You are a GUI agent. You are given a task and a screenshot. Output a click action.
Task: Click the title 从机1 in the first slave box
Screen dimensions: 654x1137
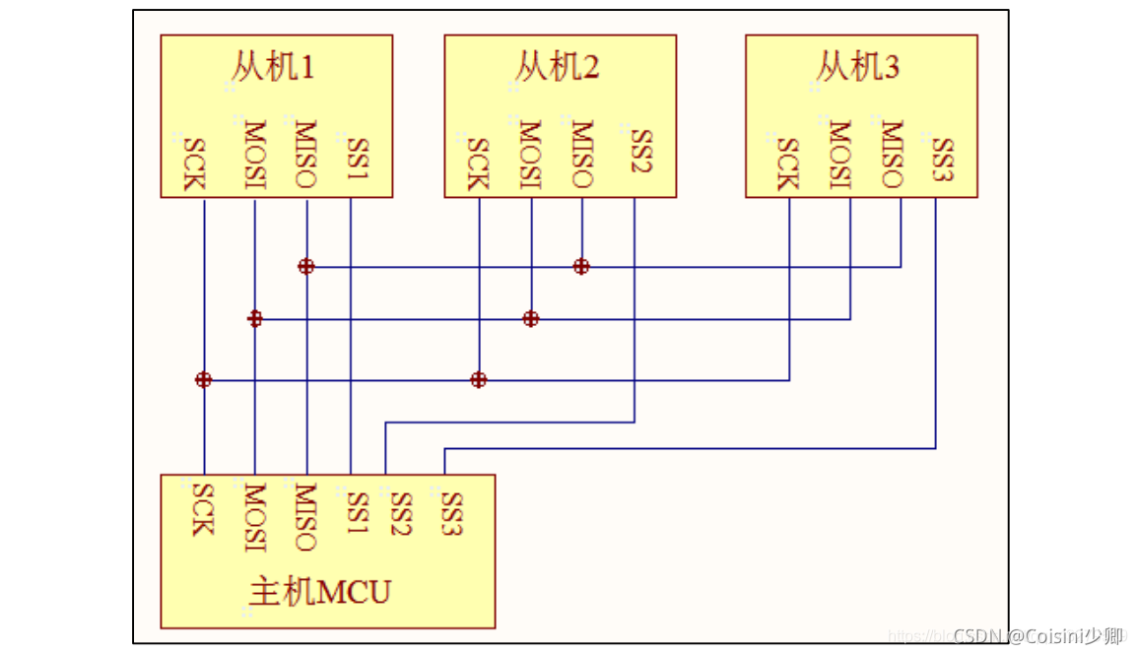tap(273, 67)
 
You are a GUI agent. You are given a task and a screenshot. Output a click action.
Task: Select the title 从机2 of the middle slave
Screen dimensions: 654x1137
tap(557, 67)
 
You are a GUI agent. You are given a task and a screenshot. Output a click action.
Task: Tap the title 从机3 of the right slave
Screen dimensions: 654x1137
tap(857, 67)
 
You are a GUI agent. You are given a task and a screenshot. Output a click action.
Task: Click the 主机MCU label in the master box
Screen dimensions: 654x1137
tap(320, 592)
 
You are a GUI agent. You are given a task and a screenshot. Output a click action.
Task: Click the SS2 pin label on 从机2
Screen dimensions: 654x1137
tap(640, 152)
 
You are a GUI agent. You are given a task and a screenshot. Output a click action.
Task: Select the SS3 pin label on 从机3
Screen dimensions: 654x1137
tap(943, 159)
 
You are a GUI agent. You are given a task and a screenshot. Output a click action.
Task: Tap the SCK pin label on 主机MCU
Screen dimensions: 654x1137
tap(202, 508)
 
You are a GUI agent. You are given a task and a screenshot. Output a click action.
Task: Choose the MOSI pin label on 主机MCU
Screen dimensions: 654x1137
tap(254, 518)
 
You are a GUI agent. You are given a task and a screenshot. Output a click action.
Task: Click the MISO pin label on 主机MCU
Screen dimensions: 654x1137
tap(305, 518)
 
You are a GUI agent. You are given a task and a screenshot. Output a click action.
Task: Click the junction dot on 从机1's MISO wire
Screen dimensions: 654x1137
tap(306, 266)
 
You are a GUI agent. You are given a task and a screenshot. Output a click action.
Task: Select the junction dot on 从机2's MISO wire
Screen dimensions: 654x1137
tap(581, 266)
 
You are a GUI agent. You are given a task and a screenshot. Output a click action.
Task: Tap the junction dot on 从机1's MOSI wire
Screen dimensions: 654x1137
tap(255, 318)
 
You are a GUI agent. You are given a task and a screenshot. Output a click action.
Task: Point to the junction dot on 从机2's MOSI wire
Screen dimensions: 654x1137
tap(531, 318)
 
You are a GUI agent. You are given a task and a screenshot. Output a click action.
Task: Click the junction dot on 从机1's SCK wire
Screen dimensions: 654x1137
tap(203, 379)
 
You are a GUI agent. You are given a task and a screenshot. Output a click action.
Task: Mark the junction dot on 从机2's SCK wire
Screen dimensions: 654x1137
tap(479, 379)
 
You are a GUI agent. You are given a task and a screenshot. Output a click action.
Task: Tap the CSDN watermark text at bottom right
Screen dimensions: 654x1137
tap(1038, 635)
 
